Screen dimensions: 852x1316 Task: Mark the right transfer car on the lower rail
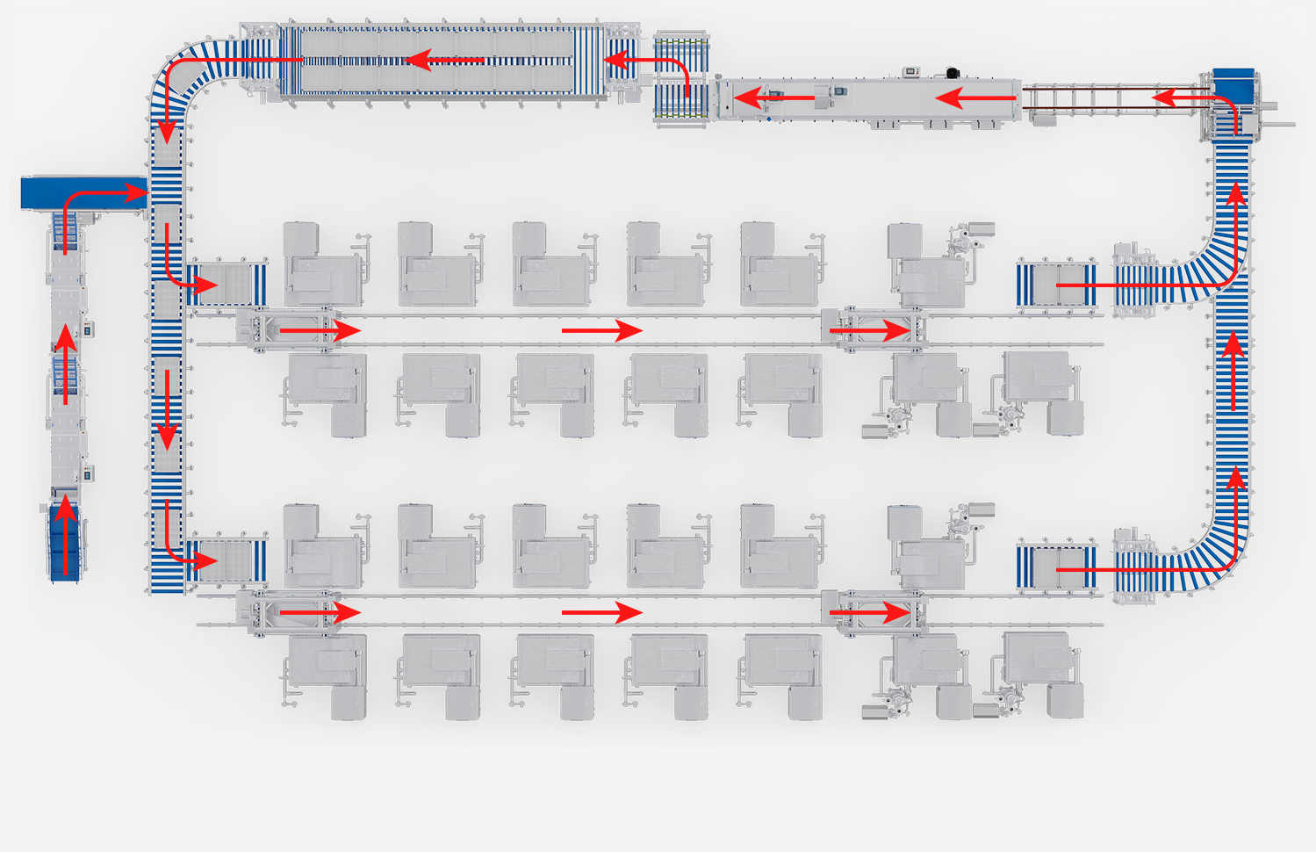click(x=874, y=612)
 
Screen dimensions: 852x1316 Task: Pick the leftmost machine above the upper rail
click(x=321, y=264)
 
